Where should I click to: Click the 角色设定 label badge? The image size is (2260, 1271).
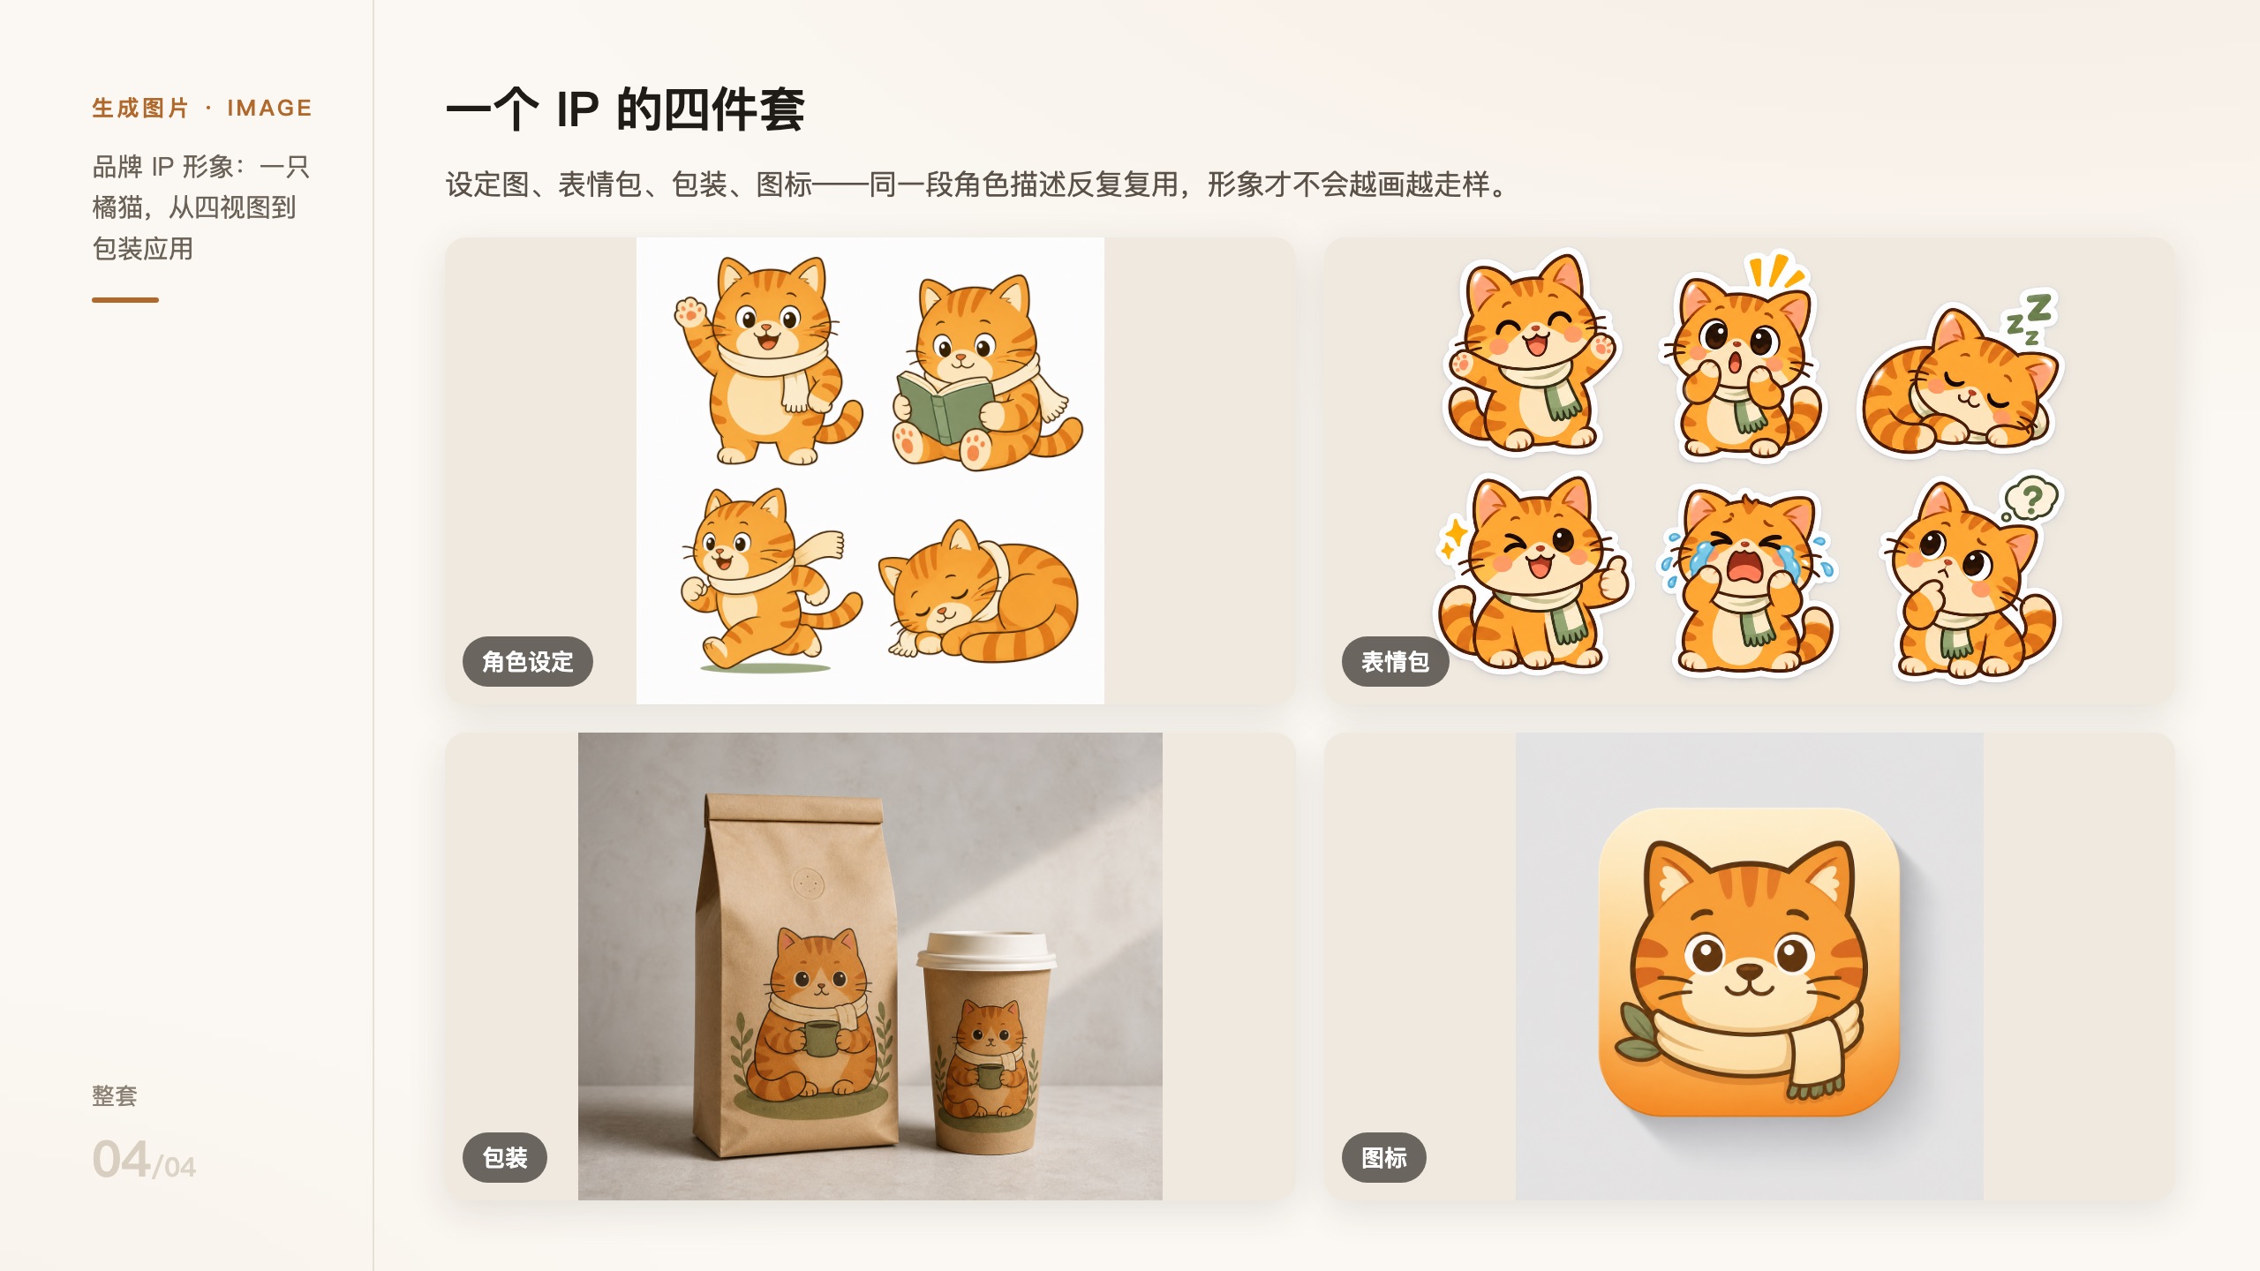[x=527, y=661]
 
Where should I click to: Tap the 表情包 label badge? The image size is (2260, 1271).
[x=1395, y=661]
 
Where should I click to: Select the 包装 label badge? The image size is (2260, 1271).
[x=505, y=1157]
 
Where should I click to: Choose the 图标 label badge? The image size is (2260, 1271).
[x=1384, y=1157]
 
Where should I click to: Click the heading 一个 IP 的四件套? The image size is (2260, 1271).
[x=625, y=109]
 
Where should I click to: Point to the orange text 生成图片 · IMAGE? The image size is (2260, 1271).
[x=202, y=108]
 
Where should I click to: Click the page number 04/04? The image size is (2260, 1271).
[x=144, y=1160]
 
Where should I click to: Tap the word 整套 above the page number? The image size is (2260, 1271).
[x=115, y=1095]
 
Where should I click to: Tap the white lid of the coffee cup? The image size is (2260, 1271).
[x=985, y=950]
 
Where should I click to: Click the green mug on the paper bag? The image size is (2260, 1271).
[x=821, y=1038]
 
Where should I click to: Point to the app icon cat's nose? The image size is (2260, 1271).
[x=1748, y=971]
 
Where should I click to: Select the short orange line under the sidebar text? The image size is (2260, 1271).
[x=125, y=300]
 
